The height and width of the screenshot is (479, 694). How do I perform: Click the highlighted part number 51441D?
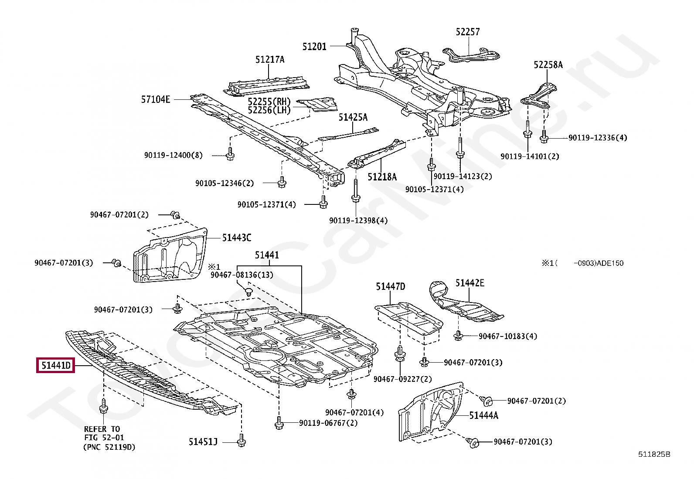click(x=56, y=365)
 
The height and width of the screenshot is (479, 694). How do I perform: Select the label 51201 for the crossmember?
click(x=314, y=46)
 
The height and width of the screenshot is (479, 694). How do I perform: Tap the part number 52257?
click(x=468, y=32)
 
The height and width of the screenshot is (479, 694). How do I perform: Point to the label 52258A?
click(x=548, y=65)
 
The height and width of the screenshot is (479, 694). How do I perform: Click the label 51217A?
click(x=270, y=60)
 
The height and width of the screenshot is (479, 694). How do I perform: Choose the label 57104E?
click(x=156, y=99)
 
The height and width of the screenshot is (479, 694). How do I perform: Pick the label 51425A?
click(x=353, y=117)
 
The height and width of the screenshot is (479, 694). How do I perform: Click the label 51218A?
click(x=382, y=177)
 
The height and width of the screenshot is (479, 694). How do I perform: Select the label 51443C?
click(x=236, y=238)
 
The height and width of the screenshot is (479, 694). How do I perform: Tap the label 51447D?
click(x=391, y=286)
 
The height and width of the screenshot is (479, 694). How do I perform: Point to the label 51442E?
click(x=470, y=283)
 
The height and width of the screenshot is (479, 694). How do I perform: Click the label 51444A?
click(x=483, y=415)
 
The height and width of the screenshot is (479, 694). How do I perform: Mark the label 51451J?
click(x=203, y=442)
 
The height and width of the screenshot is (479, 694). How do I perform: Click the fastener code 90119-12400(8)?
click(x=173, y=155)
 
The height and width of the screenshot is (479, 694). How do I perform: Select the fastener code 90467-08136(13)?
click(x=242, y=275)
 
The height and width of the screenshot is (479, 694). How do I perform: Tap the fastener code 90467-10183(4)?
click(x=508, y=336)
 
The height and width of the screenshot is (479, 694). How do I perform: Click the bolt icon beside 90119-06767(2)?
click(x=279, y=423)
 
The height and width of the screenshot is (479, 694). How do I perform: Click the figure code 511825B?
click(x=654, y=454)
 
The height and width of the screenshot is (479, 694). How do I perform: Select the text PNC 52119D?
click(x=109, y=447)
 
